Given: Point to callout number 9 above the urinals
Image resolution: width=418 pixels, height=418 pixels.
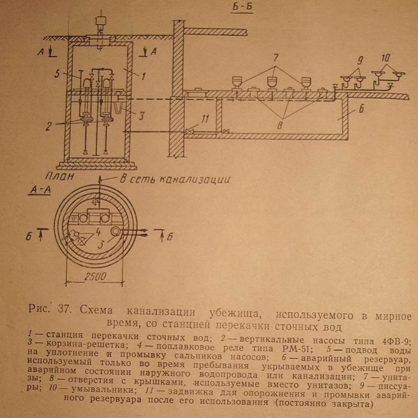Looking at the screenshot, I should (x=360, y=60).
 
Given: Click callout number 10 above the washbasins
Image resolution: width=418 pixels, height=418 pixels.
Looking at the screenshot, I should (x=386, y=56).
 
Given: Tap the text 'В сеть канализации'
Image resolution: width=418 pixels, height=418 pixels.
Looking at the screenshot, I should (x=175, y=179).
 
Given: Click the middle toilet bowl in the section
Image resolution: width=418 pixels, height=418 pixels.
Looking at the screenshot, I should (x=272, y=82).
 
